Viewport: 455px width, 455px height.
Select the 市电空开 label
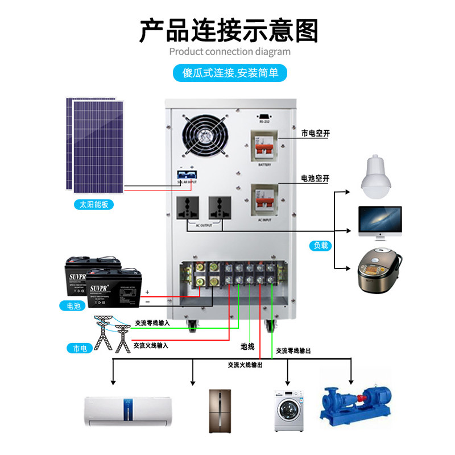pyautogui.click(x=316, y=134)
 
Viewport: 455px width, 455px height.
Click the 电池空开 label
pyautogui.click(x=316, y=179)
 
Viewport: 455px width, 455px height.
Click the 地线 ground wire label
pyautogui.click(x=247, y=346)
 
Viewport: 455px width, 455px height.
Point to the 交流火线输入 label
pyautogui.click(x=151, y=345)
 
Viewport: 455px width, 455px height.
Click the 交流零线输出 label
pyautogui.click(x=293, y=351)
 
